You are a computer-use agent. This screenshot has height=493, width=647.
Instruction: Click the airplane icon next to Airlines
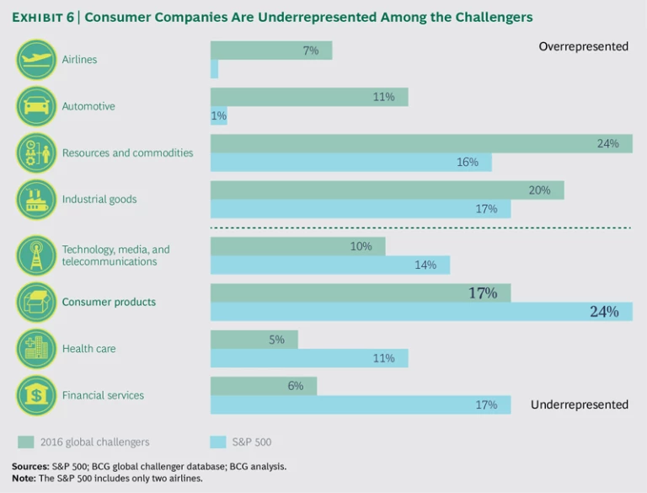coord(36,60)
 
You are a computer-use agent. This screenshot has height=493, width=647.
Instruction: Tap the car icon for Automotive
coord(36,106)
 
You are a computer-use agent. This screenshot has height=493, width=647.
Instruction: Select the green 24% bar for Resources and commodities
coord(420,144)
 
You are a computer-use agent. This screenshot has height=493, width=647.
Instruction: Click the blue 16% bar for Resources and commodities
coord(350,162)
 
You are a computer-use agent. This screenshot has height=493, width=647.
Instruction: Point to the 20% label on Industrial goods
coord(540,190)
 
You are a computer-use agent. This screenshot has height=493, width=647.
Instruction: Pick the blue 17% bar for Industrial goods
coord(360,209)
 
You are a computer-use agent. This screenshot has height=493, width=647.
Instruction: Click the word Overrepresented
coord(583,46)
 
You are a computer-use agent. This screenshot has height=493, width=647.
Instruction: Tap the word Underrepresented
coord(580,405)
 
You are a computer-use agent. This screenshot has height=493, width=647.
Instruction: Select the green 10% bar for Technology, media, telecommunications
coord(297,246)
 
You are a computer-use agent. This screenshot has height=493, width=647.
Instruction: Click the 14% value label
coord(425,265)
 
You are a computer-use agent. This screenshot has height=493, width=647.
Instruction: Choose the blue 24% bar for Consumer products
coord(420,312)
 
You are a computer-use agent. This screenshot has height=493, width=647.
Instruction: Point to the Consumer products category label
coord(109,302)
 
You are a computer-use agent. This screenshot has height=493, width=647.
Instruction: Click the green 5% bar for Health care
coord(254,340)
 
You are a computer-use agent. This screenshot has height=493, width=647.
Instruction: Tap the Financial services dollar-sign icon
coord(36,395)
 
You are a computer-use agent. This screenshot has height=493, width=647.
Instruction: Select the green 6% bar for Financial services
coord(263,386)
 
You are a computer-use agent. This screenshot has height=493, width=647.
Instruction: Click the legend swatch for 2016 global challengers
coord(26,442)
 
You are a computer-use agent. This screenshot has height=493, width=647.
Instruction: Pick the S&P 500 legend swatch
coord(218,442)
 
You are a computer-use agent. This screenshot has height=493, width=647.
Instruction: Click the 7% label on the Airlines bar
coord(311,51)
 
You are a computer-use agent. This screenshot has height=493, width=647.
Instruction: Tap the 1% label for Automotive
coord(219,116)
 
